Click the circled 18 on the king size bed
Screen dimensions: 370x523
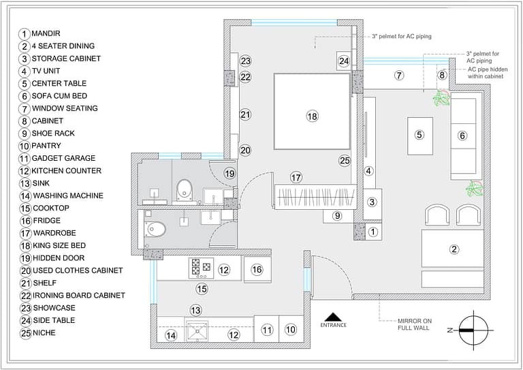tap(312, 117)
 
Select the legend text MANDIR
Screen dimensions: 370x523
tap(46, 33)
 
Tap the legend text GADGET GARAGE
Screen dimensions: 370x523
tap(63, 158)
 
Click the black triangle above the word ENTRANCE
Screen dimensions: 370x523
tap(333, 316)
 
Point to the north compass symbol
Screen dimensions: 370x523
tap(472, 330)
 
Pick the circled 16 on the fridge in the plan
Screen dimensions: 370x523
tap(257, 270)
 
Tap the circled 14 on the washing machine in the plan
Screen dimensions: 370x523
tap(171, 335)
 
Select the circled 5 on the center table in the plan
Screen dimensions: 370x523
tap(419, 135)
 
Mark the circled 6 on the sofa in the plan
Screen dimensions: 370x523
tap(462, 136)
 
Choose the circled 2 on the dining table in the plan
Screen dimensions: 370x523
tap(454, 249)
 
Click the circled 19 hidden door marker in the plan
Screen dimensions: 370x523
tap(229, 174)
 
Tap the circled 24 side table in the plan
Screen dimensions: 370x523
tap(344, 61)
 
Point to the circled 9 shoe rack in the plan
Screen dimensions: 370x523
tap(336, 216)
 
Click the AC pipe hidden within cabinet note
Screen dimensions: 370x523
tap(486, 74)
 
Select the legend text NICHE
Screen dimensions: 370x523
tap(44, 333)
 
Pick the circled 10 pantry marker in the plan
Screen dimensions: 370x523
tap(291, 330)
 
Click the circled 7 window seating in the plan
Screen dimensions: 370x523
tap(399, 75)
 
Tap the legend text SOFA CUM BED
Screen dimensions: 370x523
tap(59, 96)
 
